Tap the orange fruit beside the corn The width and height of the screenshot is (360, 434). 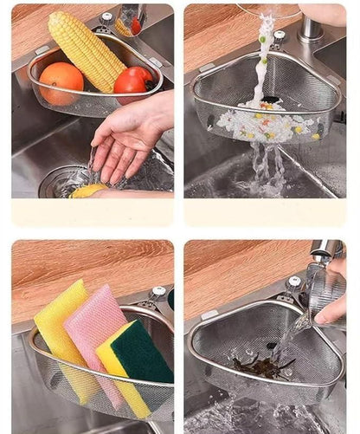pyautogui.click(x=61, y=83)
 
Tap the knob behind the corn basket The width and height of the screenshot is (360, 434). pyautogui.click(x=106, y=20)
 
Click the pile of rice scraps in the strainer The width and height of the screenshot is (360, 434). pyautogui.click(x=265, y=125)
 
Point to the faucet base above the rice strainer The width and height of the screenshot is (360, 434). pyautogui.click(x=309, y=31)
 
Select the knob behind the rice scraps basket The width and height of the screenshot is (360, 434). pyautogui.click(x=279, y=38)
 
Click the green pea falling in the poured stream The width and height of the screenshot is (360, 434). pyautogui.click(x=262, y=39)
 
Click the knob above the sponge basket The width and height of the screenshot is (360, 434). pyautogui.click(x=159, y=295)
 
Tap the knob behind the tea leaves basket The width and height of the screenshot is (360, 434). pyautogui.click(x=295, y=282)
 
